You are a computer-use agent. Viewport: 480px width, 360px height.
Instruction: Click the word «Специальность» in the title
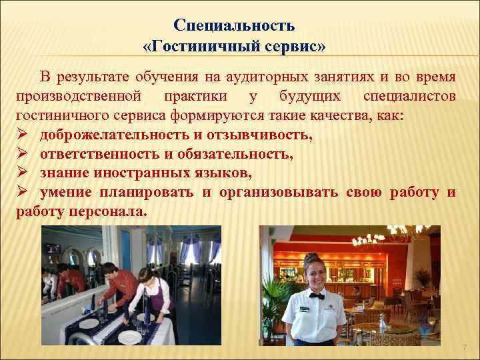coord(234,25)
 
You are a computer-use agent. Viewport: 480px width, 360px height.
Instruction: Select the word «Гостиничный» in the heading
coord(203,48)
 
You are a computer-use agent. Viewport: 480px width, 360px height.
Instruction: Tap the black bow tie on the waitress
coord(315,295)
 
